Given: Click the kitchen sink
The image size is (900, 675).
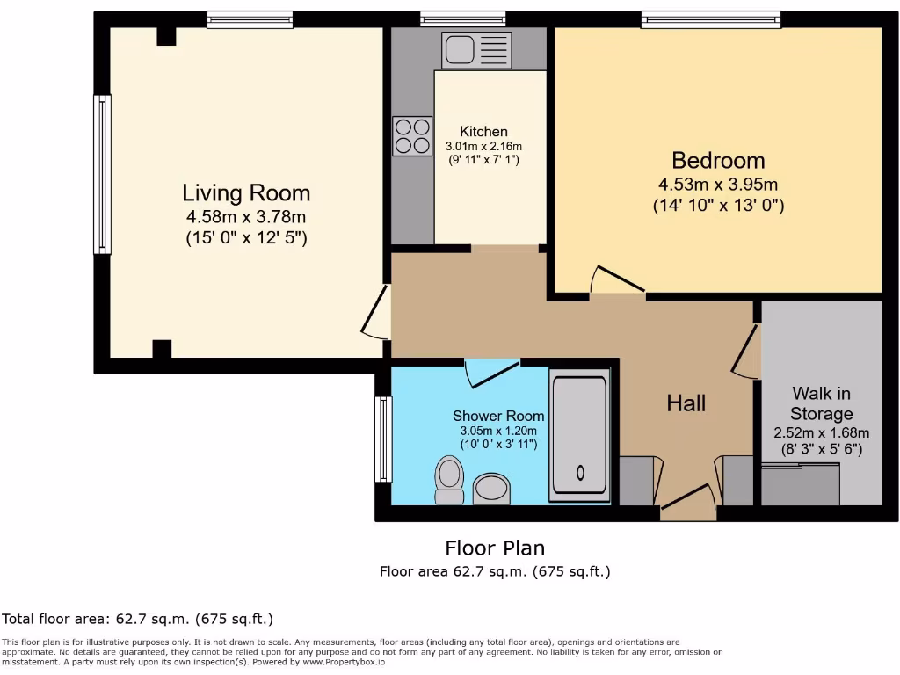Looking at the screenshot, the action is point(476,50).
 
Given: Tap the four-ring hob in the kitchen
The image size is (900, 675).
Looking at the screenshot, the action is point(412,136).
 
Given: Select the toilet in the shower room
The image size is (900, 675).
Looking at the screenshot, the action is point(449,480).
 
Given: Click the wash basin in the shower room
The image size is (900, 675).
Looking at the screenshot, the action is point(491,489).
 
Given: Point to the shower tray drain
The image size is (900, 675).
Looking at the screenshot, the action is point(580,473).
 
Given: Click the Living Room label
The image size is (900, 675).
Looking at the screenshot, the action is point(246,192).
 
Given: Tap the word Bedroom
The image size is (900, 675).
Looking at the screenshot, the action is point(718,160).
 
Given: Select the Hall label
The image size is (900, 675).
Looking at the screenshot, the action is point(686,403).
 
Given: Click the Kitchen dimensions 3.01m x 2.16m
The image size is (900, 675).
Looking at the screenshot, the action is point(484,147).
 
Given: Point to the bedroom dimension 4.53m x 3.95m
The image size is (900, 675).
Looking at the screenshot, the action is point(718,185).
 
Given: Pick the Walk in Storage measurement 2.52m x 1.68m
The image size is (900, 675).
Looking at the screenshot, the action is point(822,432).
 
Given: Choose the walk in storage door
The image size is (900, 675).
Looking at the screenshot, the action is point(746,352).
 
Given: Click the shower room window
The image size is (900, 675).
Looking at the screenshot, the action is point(383,439).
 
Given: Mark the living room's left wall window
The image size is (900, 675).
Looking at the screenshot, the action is point(102,174).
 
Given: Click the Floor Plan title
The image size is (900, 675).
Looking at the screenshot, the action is point(495,548).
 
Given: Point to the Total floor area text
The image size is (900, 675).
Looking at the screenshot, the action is point(137,619).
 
